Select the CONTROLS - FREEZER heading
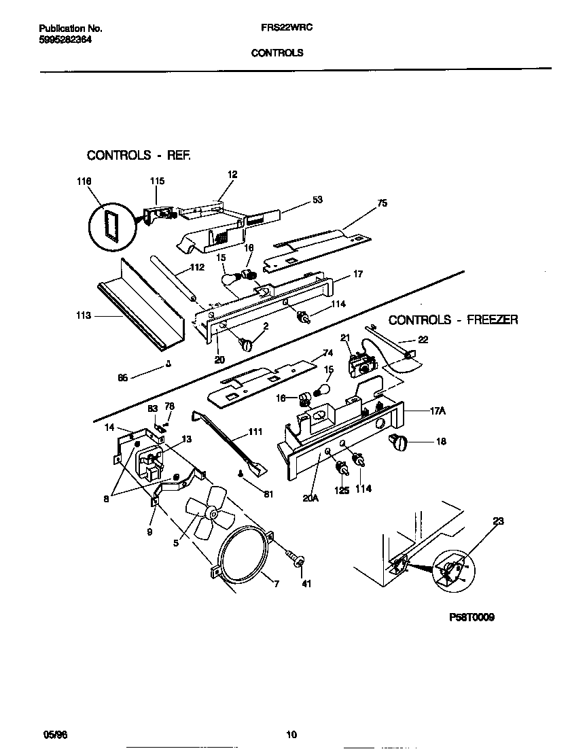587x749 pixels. click(x=453, y=319)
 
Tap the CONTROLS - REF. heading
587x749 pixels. click(x=139, y=156)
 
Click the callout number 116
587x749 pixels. click(x=84, y=181)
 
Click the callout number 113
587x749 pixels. click(x=84, y=315)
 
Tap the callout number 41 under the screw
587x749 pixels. click(x=306, y=583)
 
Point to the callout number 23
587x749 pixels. click(x=499, y=523)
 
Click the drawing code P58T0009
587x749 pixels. click(x=472, y=618)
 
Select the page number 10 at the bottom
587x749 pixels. click(x=291, y=734)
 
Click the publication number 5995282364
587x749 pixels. click(x=66, y=39)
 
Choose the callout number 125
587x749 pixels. click(x=341, y=488)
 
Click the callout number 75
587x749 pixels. click(x=382, y=203)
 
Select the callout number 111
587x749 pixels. click(x=255, y=432)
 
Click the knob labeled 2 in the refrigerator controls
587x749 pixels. click(x=245, y=345)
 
